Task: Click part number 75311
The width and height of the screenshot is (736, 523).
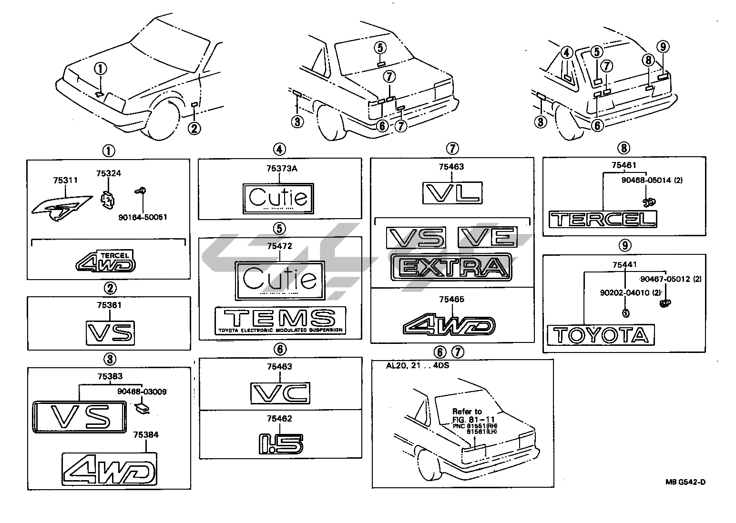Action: coord(66,181)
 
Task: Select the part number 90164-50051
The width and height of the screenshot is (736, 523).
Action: coord(143,217)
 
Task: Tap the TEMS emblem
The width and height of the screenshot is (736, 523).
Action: coord(280,319)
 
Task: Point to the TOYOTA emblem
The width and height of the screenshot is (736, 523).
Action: coord(601,335)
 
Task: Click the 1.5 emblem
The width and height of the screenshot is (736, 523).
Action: coord(279,442)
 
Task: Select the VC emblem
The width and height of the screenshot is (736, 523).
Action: coord(280,393)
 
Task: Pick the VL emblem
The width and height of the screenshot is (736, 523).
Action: coord(452,193)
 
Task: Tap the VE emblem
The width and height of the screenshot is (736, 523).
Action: coord(487,237)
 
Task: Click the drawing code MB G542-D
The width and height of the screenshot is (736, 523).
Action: coord(685,482)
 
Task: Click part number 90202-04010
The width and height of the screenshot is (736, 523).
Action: coord(624,292)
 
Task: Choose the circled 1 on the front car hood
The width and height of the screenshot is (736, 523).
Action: coord(101,68)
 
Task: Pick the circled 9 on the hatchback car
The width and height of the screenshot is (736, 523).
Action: coord(663,46)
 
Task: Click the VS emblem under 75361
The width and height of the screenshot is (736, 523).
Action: coord(110,332)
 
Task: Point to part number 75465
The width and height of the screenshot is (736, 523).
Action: coord(451,299)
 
